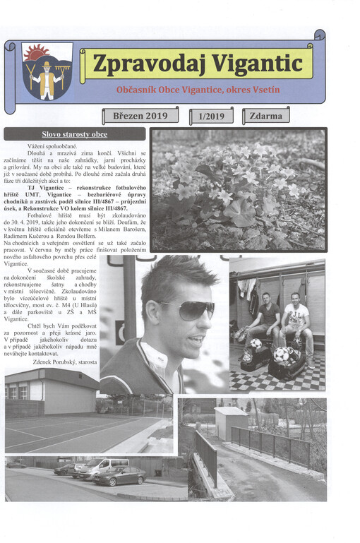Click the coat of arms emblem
point(47,71)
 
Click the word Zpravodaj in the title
point(138,64)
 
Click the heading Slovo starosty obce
point(74,134)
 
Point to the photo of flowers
point(239,189)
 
